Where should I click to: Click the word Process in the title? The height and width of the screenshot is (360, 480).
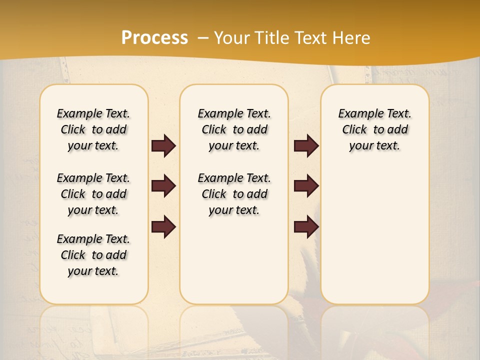(x=154, y=38)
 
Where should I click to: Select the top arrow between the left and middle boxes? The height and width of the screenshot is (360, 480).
(x=163, y=146)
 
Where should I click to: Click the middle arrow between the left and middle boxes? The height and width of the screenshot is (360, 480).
(x=163, y=186)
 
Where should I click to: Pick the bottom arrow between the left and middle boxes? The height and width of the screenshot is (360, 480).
(x=163, y=227)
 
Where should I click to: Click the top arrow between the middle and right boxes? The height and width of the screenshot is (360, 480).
(x=306, y=146)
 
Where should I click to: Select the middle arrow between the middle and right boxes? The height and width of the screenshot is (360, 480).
(x=306, y=186)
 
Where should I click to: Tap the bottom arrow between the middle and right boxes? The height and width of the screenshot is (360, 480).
(x=306, y=227)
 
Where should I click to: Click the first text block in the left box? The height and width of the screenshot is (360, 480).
(x=93, y=129)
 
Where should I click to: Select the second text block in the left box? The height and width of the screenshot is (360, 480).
(x=93, y=194)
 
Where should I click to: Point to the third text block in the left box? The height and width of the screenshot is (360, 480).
(x=93, y=255)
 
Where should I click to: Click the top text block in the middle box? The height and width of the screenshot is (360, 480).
(x=234, y=129)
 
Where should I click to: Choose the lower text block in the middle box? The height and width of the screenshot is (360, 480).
(x=234, y=194)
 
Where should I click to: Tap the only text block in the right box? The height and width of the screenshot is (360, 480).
(x=374, y=129)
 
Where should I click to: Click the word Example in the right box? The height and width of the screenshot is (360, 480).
(x=356, y=114)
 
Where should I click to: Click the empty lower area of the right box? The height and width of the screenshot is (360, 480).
(x=374, y=235)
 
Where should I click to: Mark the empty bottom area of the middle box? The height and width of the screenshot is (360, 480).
(x=234, y=265)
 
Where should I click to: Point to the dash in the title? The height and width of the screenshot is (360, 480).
(x=203, y=38)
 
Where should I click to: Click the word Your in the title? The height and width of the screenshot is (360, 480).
(x=231, y=38)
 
